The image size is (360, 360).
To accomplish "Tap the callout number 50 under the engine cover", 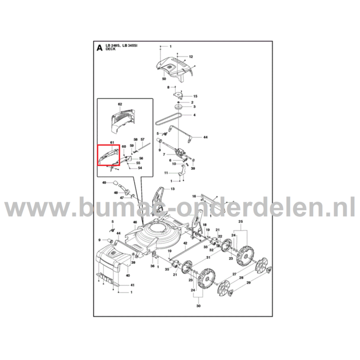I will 164,79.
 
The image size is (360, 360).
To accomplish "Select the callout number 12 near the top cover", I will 190,57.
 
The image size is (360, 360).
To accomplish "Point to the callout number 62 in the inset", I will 120,104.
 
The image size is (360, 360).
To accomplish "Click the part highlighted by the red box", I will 109,155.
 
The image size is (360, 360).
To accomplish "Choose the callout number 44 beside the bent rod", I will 205,137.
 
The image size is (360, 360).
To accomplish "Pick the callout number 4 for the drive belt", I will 195,115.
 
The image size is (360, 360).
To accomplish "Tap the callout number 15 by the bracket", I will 195,96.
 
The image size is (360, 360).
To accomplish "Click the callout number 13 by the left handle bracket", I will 172,189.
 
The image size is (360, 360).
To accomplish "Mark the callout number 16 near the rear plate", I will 193,196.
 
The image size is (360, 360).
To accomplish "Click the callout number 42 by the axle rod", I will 185,243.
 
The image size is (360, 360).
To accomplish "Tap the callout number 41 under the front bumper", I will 132,285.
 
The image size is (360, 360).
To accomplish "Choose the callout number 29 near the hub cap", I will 248,283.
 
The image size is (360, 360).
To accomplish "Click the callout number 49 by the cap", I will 104,183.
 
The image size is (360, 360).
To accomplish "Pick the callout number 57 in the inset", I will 142,140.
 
